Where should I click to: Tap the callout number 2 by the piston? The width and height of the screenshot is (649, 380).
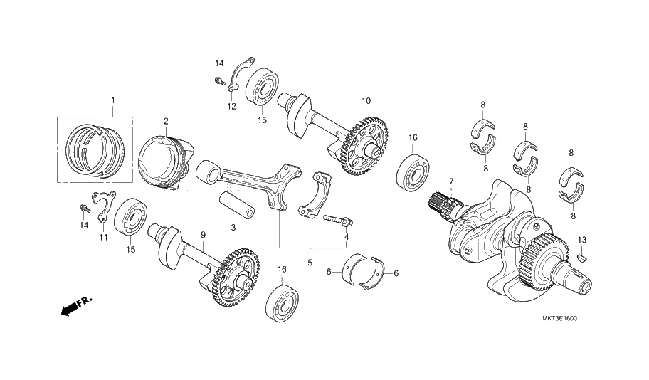[x=165, y=121]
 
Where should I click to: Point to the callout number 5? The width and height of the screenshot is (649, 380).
[x=310, y=263]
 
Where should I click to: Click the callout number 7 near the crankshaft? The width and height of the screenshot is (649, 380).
[x=450, y=183]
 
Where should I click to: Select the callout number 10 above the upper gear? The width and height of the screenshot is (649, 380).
[x=366, y=101]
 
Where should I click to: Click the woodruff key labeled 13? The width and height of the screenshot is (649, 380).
[x=581, y=258]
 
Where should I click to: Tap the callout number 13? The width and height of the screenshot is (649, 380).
[x=581, y=239]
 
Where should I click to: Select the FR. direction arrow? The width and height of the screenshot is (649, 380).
[x=75, y=307]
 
